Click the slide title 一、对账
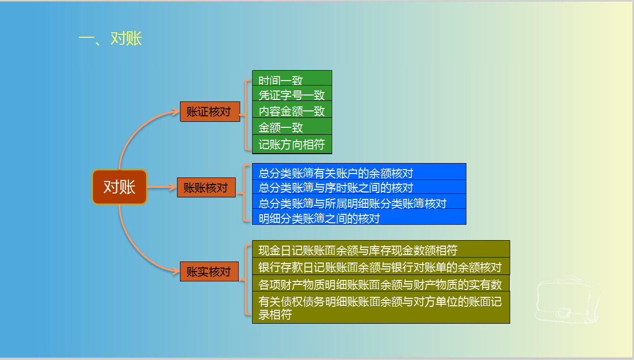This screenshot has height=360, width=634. coord(110,39)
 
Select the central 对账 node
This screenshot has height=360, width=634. coord(119,187)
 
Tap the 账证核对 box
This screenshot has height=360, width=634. coord(209,111)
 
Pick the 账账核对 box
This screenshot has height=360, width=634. coord(206,187)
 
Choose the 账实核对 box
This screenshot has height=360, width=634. coord(209,272)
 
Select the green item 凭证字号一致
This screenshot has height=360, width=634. coord(291,94)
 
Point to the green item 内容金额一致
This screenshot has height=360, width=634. coord(291,110)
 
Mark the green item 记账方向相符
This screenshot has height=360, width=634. coord(291,144)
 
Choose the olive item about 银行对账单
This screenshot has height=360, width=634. coord(380,267)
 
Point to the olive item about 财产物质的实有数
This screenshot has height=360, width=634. coord(380,283)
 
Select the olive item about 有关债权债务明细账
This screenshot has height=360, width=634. coord(380,307)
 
